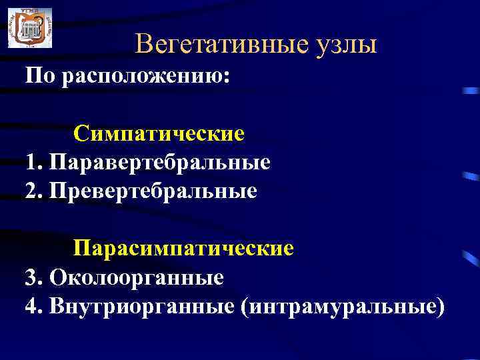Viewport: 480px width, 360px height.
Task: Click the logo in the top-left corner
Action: point(29,28)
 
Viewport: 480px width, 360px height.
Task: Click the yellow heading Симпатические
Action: point(159,134)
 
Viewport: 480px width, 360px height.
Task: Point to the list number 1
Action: point(31,162)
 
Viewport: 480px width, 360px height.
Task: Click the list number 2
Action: point(31,191)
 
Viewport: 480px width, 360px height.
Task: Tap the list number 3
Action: point(31,277)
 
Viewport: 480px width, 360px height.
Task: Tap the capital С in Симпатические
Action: point(81,133)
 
